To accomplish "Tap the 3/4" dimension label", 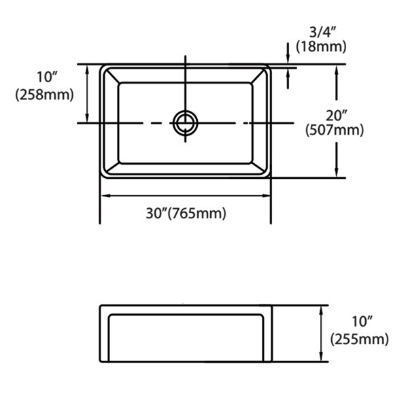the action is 322,33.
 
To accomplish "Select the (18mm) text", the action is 322,47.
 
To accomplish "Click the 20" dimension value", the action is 337,116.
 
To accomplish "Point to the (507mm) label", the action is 335,130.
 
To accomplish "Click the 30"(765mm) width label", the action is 186,214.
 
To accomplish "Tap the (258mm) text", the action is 44,95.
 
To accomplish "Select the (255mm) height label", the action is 360,339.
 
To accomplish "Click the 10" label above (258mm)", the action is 46,77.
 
